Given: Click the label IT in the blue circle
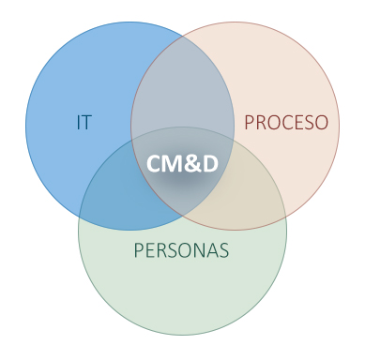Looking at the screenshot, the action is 84,122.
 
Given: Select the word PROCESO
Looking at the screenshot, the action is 286,122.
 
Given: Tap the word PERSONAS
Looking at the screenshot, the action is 181,250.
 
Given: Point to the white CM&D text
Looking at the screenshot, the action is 182,163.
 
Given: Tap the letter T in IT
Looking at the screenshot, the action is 86,122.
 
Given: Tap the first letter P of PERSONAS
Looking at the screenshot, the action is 138,250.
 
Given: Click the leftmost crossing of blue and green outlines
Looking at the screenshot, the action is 79,217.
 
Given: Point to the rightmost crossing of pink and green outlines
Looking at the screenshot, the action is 286,217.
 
